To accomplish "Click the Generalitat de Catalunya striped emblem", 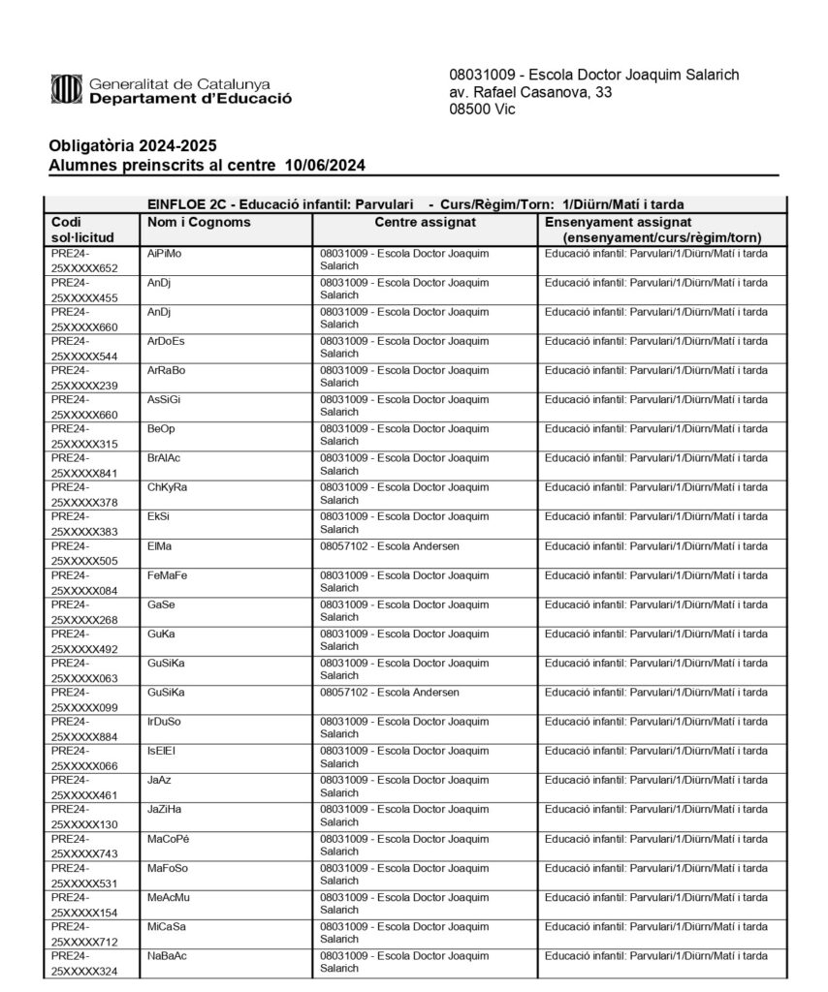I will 65,91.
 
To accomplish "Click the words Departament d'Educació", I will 190,99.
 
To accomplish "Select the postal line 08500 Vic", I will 482,109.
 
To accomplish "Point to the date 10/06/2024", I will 326,166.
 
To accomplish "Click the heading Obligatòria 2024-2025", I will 133,146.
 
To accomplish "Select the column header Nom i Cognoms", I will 199,223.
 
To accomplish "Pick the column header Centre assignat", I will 425,223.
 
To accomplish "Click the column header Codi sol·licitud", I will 82,230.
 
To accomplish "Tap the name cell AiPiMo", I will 165,254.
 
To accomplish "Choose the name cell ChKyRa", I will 168,487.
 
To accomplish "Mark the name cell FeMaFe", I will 168,575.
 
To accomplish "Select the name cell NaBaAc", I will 168,956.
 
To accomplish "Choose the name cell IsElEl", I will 162,751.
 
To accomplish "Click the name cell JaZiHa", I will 165,809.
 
